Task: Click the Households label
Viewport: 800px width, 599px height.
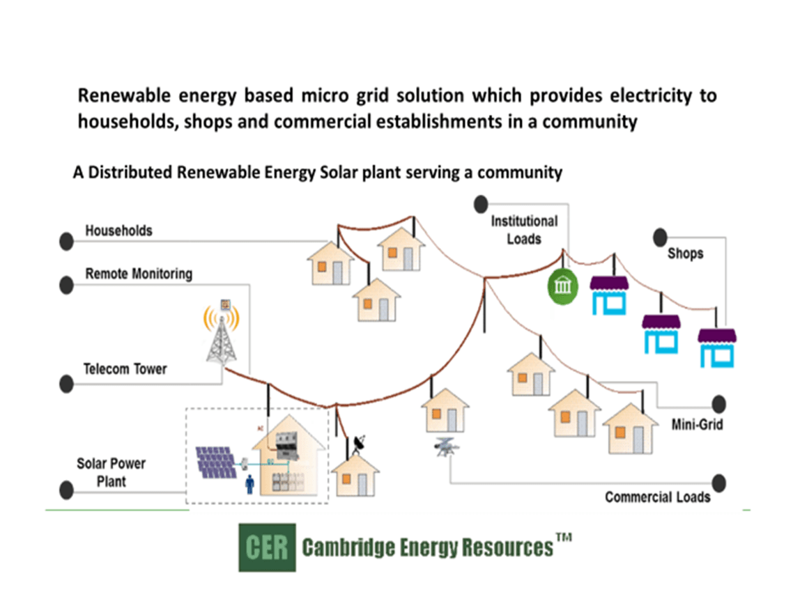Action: [118, 231]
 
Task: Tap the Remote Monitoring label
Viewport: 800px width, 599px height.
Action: [139, 274]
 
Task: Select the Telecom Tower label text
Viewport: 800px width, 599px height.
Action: [125, 368]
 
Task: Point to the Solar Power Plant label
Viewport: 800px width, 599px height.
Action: [111, 472]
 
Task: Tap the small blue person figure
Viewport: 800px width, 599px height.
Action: [249, 485]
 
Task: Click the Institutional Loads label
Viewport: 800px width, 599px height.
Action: [524, 230]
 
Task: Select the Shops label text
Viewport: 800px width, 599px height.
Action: [685, 254]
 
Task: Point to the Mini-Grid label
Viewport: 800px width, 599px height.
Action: [697, 423]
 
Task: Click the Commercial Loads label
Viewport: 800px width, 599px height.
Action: [657, 497]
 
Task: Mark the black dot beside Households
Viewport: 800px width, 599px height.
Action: [66, 241]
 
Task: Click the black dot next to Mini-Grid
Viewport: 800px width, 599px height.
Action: [718, 404]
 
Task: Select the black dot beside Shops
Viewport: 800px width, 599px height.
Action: [660, 237]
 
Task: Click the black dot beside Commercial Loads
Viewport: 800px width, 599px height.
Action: [718, 483]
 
